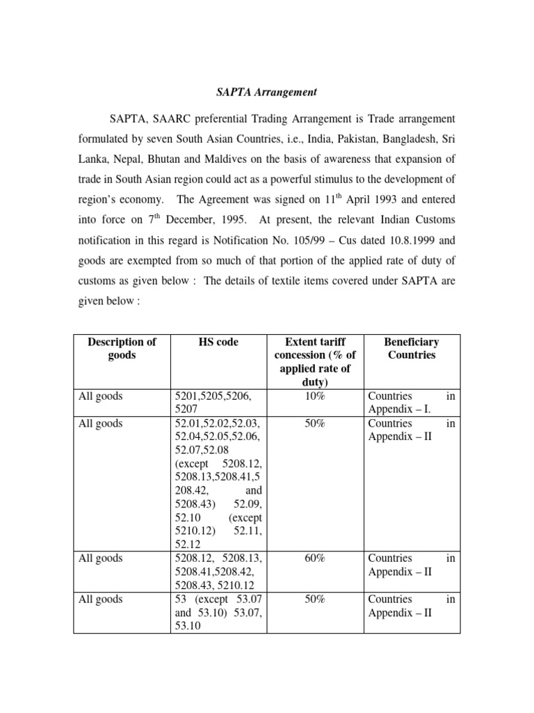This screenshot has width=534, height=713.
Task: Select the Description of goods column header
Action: click(x=122, y=348)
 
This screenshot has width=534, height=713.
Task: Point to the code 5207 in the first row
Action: click(x=185, y=409)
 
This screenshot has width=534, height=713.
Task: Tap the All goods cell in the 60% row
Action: click(x=102, y=558)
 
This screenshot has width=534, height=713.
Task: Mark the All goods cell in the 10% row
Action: click(x=102, y=396)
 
